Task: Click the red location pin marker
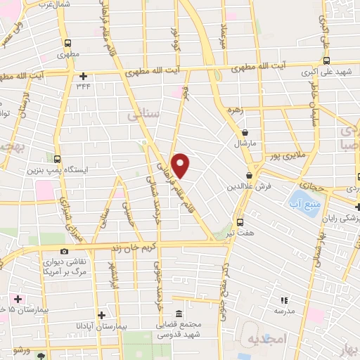click(x=181, y=165)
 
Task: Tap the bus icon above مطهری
click(x=66, y=41)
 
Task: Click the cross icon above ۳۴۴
click(x=83, y=76)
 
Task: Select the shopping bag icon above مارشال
click(x=245, y=131)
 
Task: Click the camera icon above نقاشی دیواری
click(x=65, y=251)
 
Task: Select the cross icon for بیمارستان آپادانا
click(x=103, y=315)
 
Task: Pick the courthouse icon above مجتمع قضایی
click(x=179, y=314)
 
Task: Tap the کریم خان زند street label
click(x=129, y=247)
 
